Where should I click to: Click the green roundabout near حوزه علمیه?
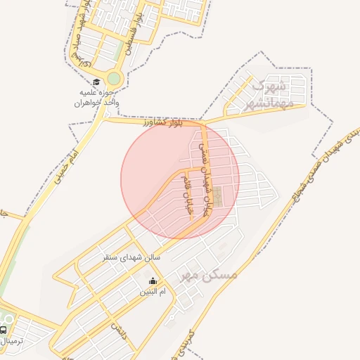point(114,78)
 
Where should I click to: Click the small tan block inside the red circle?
point(219,195)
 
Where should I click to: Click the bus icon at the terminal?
point(4,330)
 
